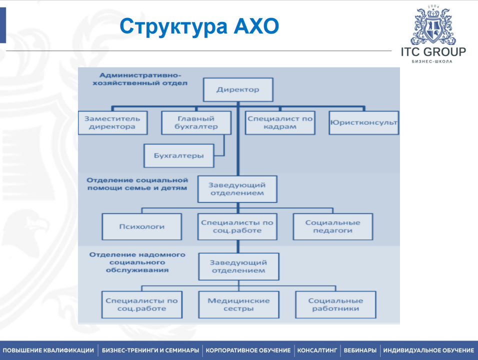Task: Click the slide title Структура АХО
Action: (199, 26)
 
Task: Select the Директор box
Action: (238, 90)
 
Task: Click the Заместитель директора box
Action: (112, 123)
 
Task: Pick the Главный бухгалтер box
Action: (196, 123)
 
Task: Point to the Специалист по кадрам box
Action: (279, 123)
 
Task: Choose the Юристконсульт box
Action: (363, 123)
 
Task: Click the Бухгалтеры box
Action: (178, 155)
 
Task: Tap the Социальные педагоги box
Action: (332, 226)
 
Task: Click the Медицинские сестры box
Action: (238, 304)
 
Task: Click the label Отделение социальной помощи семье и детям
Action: (137, 184)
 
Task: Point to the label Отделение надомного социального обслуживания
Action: (138, 262)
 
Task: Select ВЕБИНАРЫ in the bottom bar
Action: (360, 350)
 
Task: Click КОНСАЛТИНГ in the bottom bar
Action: (317, 350)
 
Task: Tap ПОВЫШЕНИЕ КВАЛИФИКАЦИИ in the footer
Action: (48, 350)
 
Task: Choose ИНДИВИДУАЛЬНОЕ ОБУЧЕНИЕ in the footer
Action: (428, 350)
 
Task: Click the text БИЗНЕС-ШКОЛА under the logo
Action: (432, 61)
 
